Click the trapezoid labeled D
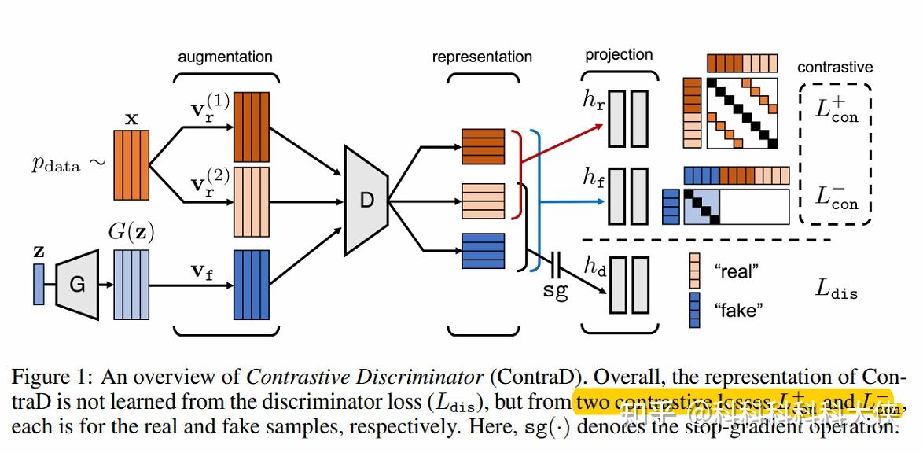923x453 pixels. (367, 200)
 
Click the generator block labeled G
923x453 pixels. (77, 284)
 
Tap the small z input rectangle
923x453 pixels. (39, 284)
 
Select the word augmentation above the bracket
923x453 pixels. (225, 57)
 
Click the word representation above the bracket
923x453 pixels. (482, 57)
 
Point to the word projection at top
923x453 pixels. (619, 54)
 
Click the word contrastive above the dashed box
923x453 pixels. (835, 67)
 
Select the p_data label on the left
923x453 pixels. (57, 164)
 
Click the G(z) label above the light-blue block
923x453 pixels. (131, 234)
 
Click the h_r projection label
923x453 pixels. (594, 101)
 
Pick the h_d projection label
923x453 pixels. (594, 266)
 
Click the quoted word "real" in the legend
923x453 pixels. (737, 271)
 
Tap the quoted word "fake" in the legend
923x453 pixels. (738, 310)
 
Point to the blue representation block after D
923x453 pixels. (483, 251)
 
